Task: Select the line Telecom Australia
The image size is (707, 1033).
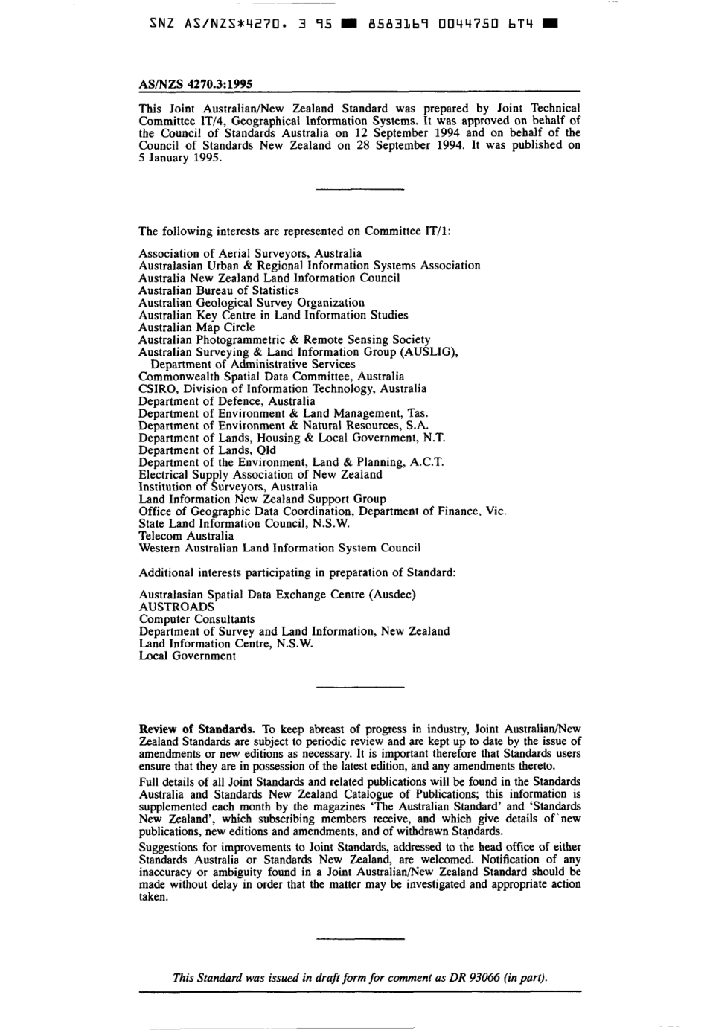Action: coord(186,536)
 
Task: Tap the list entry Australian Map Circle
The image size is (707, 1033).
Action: coord(196,327)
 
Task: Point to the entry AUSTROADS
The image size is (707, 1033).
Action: coord(176,607)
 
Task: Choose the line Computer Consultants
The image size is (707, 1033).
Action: coord(196,619)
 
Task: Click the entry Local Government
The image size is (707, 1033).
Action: coord(187,656)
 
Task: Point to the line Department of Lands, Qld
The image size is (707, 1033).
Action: coord(207,450)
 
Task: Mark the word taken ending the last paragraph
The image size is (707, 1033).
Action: coord(153,897)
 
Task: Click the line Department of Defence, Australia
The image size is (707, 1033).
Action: coord(226,401)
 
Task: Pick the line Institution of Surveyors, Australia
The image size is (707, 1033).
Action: coord(228,487)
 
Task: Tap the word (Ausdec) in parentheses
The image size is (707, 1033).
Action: coord(391,595)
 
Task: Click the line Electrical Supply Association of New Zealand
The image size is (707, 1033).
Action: coord(260,475)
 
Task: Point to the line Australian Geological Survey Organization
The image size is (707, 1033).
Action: coord(252,303)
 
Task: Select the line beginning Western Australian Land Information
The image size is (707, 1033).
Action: coord(279,549)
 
